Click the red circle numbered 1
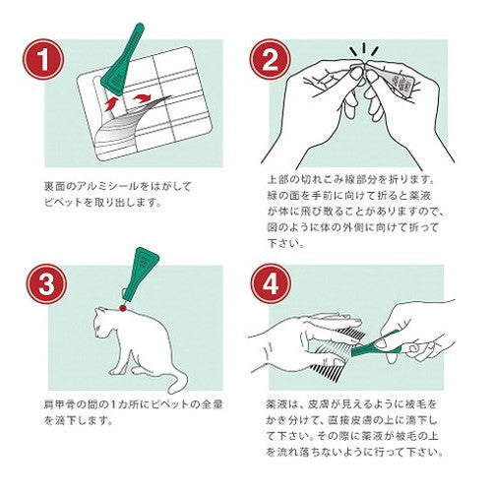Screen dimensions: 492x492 (x=43, y=59)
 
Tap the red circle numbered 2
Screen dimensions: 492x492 (x=271, y=59)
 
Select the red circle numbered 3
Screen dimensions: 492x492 (x=47, y=284)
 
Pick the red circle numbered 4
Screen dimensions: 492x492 (x=271, y=284)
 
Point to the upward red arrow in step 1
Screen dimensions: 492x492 (x=110, y=104)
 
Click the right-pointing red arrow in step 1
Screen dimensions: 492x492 (x=142, y=97)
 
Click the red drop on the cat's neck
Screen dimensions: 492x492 (x=123, y=308)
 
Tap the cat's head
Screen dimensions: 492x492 (x=103, y=322)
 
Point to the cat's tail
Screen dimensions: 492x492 (x=174, y=381)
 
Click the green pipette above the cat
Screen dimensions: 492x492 (x=140, y=275)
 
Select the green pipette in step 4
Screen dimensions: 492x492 (x=377, y=345)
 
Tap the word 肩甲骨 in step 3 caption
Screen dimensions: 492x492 (x=59, y=404)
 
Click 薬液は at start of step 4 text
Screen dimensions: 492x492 (x=282, y=404)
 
